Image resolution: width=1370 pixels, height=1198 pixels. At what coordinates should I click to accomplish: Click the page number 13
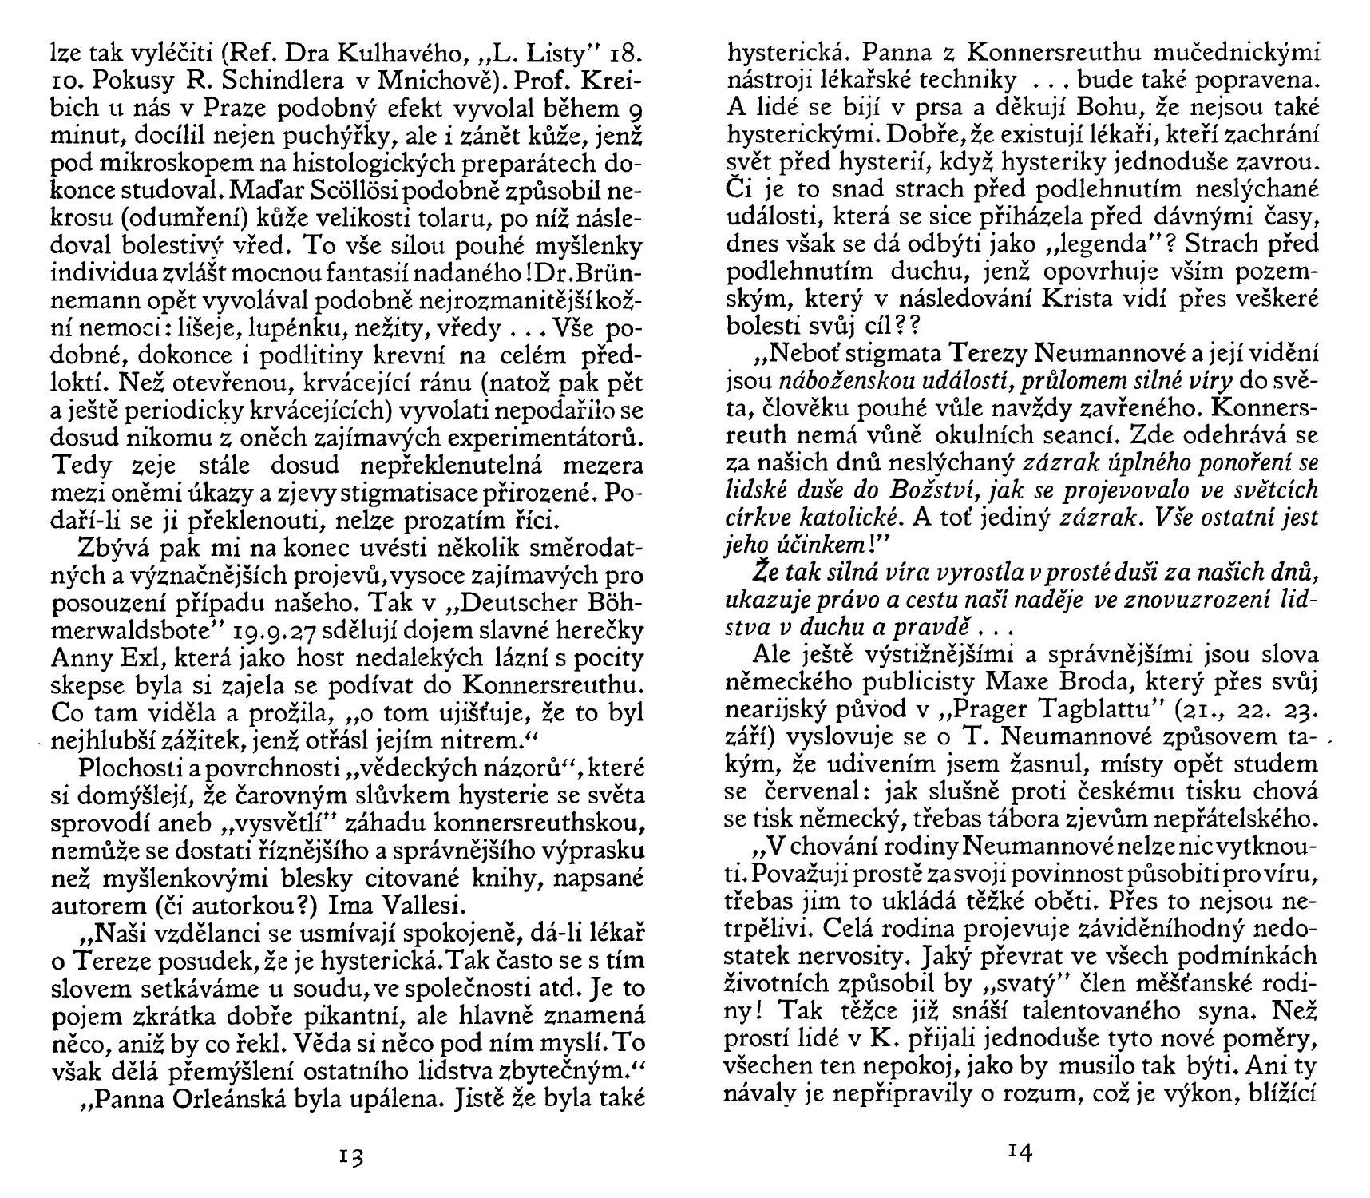click(x=350, y=1157)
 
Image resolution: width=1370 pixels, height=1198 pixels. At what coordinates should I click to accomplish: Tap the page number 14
click(x=1020, y=1151)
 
